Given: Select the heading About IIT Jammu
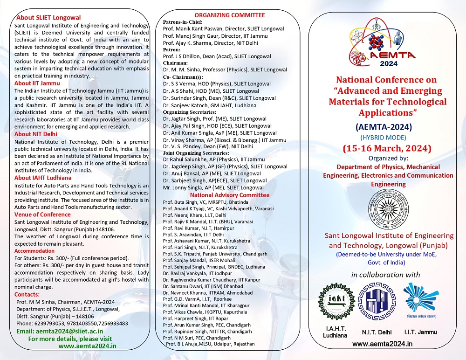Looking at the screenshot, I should click(x=37, y=83).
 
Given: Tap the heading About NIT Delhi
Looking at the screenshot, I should click(x=37, y=134).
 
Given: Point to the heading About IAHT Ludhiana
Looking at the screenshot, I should click(x=43, y=178).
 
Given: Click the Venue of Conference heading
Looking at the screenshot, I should click(x=42, y=215).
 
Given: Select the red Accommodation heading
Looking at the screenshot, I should click(x=34, y=251).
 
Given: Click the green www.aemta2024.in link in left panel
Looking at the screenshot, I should click(x=87, y=346).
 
